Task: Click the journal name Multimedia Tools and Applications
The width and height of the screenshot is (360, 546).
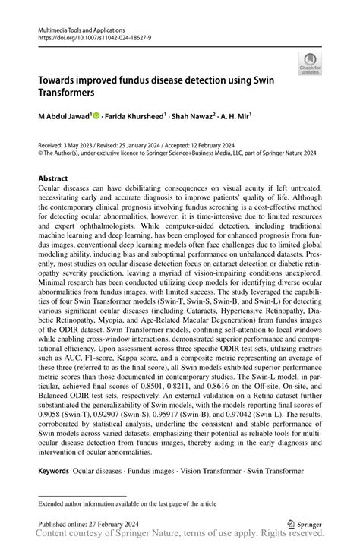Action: coord(81,27)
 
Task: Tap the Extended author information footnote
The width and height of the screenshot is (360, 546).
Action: coord(124,503)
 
